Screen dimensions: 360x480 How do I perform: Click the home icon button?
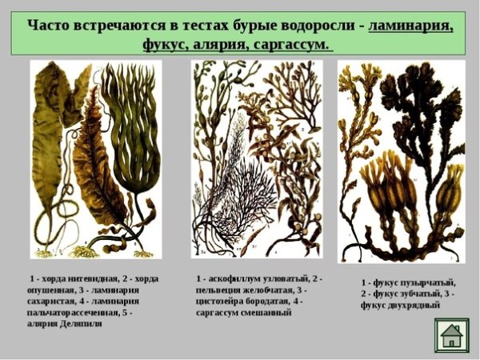[452, 335]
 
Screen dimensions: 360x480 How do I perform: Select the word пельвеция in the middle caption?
[222, 290]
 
